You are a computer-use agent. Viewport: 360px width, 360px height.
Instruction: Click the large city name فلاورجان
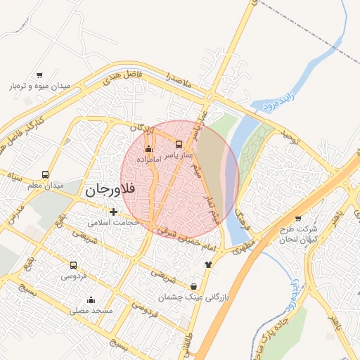tap(108, 190)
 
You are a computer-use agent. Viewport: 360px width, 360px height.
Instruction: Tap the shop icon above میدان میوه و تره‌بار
tap(39, 75)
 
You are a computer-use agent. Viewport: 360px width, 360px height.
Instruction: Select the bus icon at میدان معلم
tap(46, 174)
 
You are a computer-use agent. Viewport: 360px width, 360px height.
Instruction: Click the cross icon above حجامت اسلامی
tap(112, 212)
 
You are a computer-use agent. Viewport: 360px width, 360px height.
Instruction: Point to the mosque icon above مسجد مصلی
tap(91, 300)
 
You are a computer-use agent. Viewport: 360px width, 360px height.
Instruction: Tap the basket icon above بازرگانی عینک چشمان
tap(193, 287)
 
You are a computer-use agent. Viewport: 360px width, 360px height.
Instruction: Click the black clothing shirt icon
tap(208, 264)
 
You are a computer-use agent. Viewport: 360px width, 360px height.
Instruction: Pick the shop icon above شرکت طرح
tap(298, 219)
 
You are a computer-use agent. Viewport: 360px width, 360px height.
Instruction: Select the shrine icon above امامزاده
tap(148, 149)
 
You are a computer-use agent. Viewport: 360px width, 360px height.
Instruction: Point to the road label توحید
tap(290, 137)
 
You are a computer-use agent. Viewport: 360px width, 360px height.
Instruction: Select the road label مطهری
tap(240, 247)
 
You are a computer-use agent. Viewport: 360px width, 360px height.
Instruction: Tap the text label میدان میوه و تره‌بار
tap(40, 86)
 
